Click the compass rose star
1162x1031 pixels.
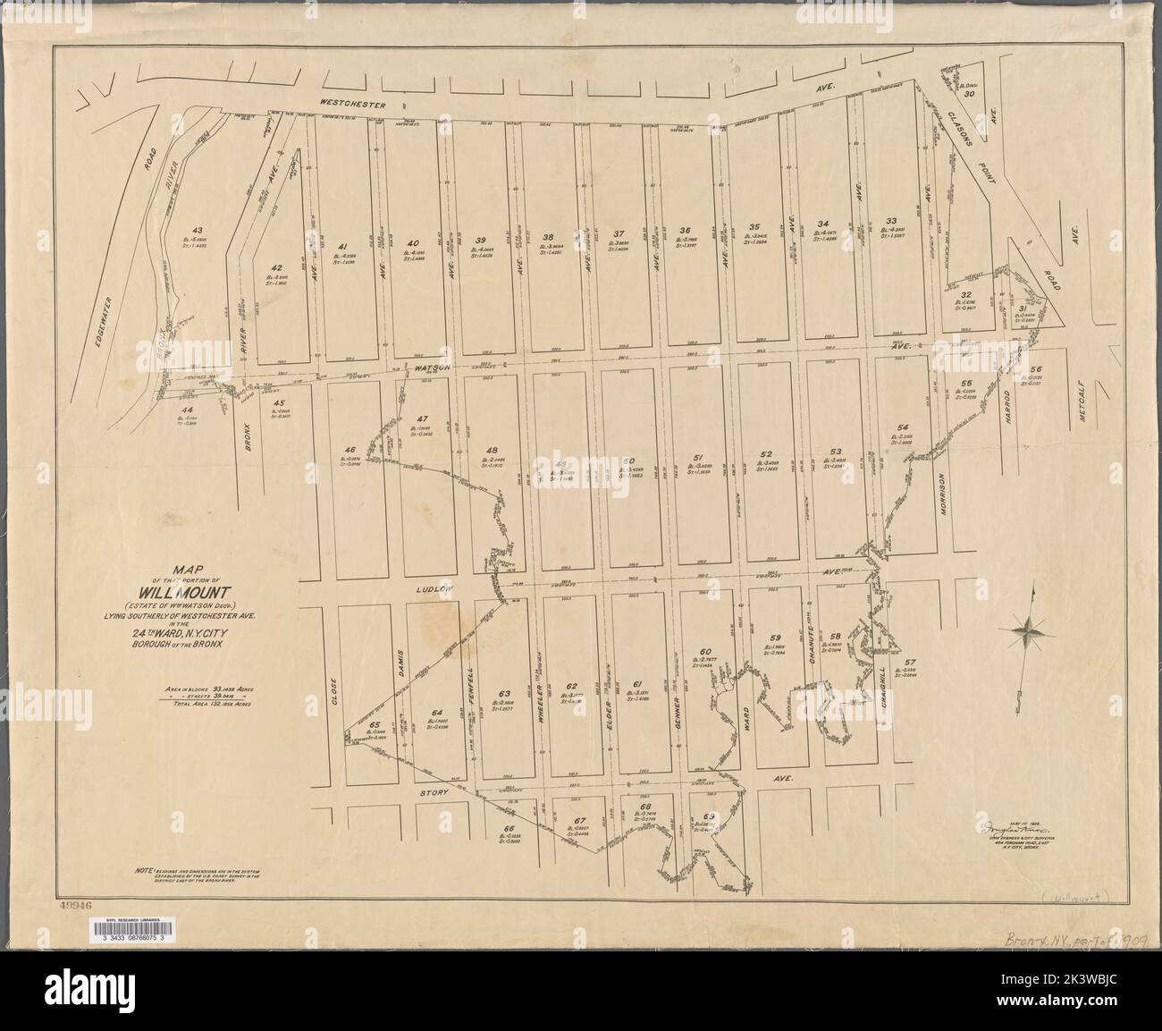[x=1031, y=631]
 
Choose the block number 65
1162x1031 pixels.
[x=375, y=725]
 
